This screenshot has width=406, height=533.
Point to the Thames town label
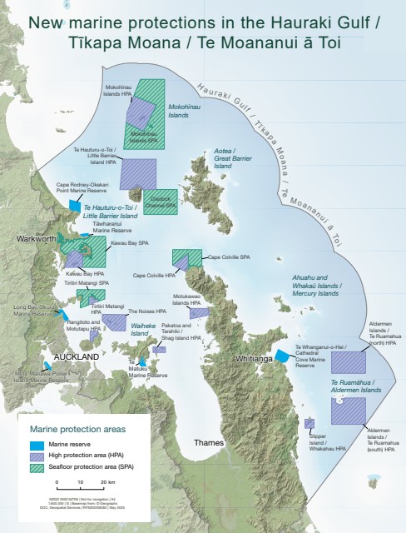(209, 442)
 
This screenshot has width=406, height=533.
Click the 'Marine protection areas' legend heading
(77, 429)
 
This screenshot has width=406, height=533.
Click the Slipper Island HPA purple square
(309, 423)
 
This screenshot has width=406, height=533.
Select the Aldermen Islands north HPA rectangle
(348, 362)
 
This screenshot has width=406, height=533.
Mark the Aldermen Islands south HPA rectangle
(348, 411)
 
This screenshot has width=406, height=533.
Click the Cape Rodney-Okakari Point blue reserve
(75, 205)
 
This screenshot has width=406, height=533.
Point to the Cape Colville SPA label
(229, 257)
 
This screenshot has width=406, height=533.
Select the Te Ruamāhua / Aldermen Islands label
(349, 386)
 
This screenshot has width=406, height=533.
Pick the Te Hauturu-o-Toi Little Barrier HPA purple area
(138, 172)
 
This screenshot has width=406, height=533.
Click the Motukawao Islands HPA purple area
(197, 312)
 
